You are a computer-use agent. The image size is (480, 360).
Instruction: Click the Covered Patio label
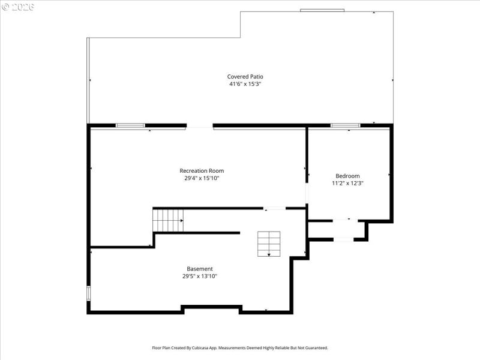(x=245, y=76)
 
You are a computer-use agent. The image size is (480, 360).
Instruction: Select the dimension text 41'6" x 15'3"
(x=245, y=84)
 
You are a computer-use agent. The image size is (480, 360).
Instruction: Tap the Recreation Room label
(x=202, y=170)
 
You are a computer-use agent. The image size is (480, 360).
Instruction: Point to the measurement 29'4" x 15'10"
(x=202, y=178)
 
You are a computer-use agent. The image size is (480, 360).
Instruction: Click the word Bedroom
(x=347, y=176)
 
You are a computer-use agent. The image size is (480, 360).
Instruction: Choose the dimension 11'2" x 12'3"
(x=347, y=183)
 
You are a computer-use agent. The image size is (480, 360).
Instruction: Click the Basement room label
(x=200, y=269)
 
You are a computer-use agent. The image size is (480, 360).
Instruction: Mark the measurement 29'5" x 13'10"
(x=200, y=277)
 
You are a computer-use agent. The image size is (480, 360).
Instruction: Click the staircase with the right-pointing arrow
(x=168, y=220)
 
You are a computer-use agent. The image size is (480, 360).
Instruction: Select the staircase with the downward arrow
(x=269, y=244)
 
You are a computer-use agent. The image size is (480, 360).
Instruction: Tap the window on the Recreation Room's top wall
(x=130, y=125)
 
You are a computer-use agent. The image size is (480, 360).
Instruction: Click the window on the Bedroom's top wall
(x=346, y=125)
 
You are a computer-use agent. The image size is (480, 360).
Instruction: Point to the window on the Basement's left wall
(x=89, y=293)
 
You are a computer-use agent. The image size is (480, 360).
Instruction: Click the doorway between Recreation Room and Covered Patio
(x=199, y=126)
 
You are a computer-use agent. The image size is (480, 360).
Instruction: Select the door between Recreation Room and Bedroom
(x=307, y=194)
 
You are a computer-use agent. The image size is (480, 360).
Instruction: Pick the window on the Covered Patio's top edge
(x=322, y=10)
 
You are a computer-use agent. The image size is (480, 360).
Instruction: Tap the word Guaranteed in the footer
(x=314, y=348)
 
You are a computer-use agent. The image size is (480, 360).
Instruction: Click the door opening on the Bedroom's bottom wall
(x=343, y=220)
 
